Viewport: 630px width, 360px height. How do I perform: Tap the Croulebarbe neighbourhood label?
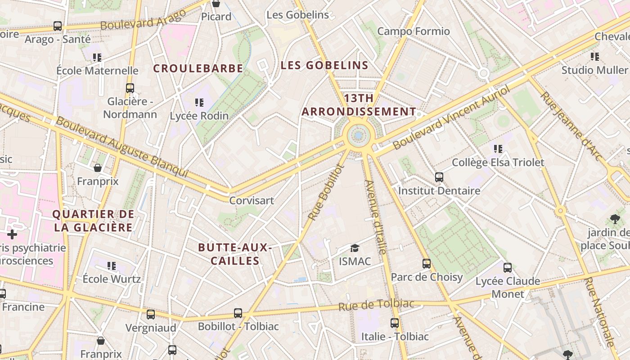click(198, 68)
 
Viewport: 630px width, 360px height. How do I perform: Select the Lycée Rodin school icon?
click(199, 103)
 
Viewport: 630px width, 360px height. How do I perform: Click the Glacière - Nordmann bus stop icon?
click(130, 88)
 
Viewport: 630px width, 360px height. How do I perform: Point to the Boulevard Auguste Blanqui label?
click(121, 147)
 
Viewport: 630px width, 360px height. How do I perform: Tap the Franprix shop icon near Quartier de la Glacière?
click(98, 168)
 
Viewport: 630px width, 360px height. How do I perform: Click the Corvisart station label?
click(252, 200)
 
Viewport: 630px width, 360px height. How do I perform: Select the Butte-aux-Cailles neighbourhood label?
click(235, 254)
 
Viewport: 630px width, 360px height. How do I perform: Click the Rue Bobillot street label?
click(326, 193)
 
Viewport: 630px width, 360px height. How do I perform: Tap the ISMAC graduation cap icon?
click(355, 248)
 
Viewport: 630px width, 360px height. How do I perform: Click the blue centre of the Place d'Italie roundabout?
click(358, 135)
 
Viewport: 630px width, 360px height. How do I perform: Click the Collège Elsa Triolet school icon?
click(498, 148)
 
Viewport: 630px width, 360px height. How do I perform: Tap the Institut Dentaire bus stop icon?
click(439, 177)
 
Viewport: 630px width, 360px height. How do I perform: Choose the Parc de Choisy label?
click(427, 277)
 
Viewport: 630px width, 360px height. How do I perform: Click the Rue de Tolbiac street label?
click(376, 305)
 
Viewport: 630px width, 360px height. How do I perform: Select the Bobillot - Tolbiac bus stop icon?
click(238, 313)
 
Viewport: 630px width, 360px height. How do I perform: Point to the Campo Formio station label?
click(413, 31)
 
